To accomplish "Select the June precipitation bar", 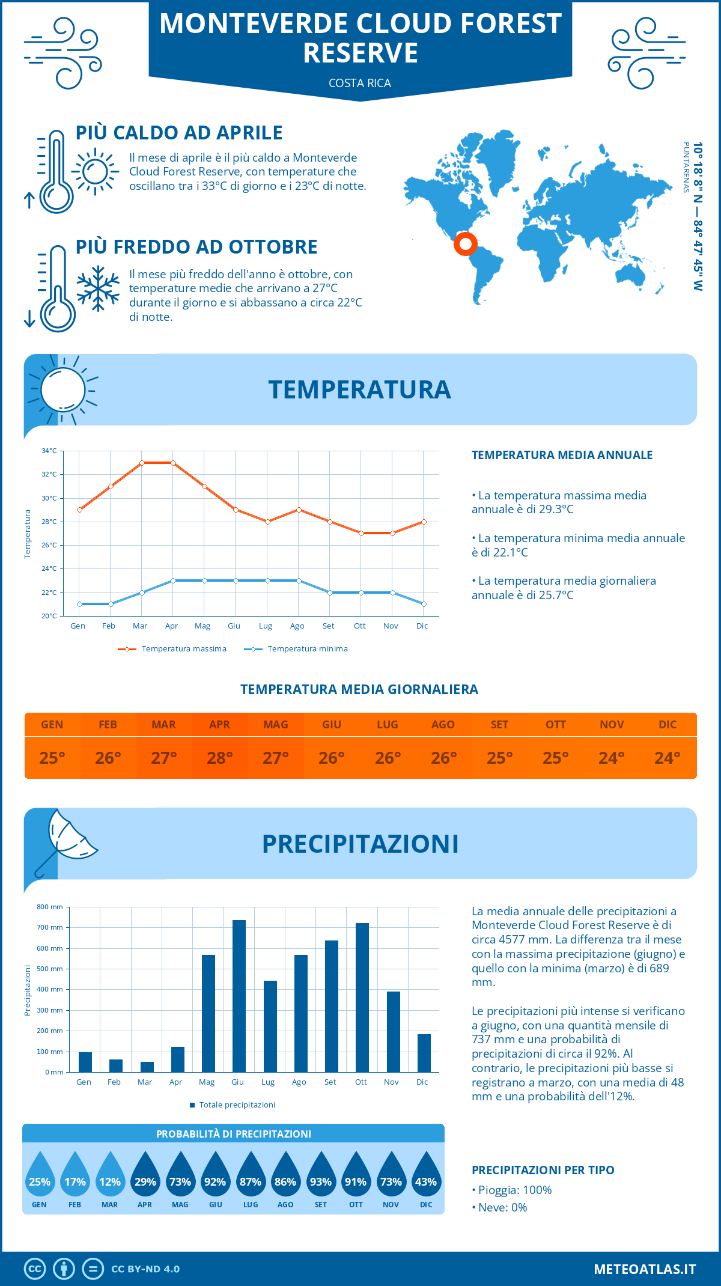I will (x=239, y=996).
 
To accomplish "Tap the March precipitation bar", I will (x=147, y=1067).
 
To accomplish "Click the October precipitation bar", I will (x=362, y=998).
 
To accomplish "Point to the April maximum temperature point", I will (x=173, y=463).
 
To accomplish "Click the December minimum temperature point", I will (x=424, y=604).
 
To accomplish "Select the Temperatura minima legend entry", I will (x=297, y=649).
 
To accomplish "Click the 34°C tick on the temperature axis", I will (x=49, y=451).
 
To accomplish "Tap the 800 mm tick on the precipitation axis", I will (x=50, y=907).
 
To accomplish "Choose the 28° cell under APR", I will (x=220, y=758).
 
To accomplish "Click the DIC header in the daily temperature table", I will (x=668, y=725).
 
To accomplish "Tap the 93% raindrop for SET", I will (x=320, y=1177).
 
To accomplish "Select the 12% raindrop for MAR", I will (x=110, y=1177).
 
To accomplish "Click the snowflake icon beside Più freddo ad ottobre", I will (x=98, y=288).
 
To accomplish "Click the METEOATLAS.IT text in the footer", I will (x=645, y=1269).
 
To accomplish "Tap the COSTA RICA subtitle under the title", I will (x=360, y=83).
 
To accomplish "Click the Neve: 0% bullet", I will (x=500, y=1208).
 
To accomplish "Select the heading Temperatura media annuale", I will (x=562, y=455).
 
